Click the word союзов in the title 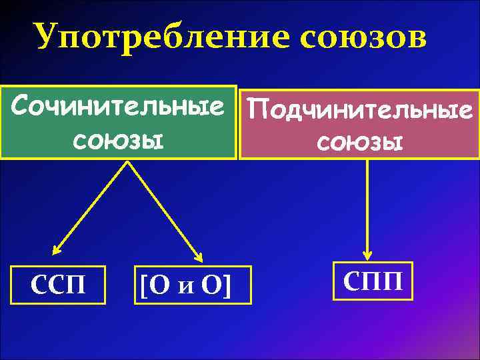[x=364, y=38]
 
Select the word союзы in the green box [x=118, y=140]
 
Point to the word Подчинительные [x=361, y=108]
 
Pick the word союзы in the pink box [x=360, y=141]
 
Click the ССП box [x=59, y=285]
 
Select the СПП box [x=373, y=281]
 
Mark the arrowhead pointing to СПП [x=367, y=254]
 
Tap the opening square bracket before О [x=143, y=286]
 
